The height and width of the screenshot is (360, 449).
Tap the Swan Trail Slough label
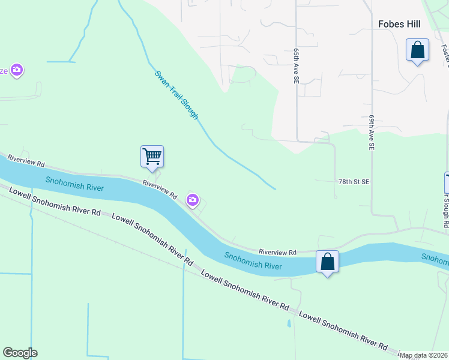[x=176, y=95]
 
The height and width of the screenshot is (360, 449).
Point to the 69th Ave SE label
[x=372, y=133]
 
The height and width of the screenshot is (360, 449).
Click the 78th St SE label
[x=354, y=181]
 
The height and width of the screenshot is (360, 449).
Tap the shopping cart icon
[x=152, y=157]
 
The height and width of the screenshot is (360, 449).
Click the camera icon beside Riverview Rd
[x=193, y=200]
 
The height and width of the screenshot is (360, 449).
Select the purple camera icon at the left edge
[x=17, y=71]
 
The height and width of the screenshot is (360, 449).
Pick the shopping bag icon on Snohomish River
[x=327, y=262]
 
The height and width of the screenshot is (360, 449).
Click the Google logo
[x=20, y=353]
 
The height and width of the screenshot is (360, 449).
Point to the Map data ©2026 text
[x=424, y=356]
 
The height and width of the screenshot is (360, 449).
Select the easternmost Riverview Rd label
[x=278, y=253]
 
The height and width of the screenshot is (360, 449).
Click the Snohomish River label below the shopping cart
[x=75, y=184]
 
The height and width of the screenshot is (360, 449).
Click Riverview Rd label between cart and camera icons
[x=160, y=189]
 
